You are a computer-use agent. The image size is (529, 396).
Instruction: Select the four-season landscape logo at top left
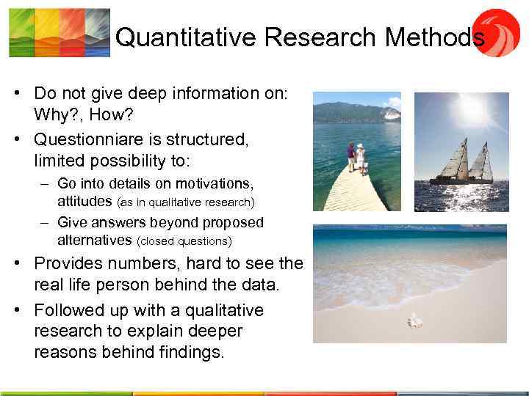tap(60, 32)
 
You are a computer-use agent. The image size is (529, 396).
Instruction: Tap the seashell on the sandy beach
tap(415, 320)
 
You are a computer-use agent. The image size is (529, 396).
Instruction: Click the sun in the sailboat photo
tap(470, 110)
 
